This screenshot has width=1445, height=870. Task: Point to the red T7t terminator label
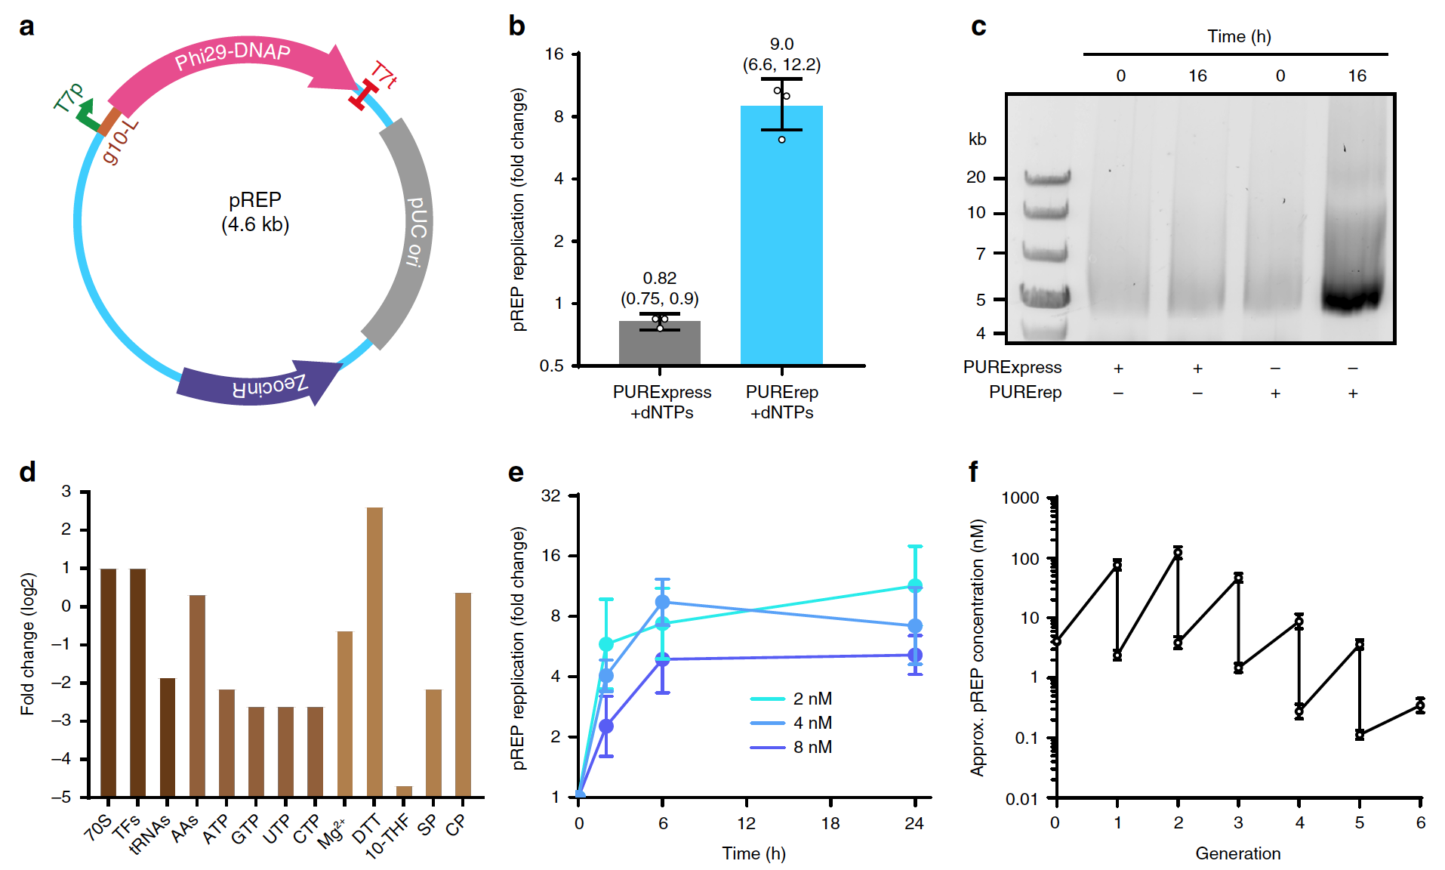click(384, 76)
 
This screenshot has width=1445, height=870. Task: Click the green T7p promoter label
click(69, 97)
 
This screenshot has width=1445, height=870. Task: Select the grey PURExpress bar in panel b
click(659, 344)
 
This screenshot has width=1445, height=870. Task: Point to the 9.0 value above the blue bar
click(781, 44)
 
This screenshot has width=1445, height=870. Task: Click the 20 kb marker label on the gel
click(975, 177)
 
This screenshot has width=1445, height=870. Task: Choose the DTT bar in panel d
click(374, 649)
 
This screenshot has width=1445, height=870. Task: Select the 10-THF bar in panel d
click(404, 791)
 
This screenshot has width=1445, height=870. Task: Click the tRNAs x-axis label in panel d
click(150, 835)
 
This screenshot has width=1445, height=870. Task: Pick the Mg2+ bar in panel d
click(345, 714)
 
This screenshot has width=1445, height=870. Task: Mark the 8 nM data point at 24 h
click(915, 656)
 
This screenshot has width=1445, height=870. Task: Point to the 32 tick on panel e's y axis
click(551, 495)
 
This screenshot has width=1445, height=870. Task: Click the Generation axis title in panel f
click(1237, 853)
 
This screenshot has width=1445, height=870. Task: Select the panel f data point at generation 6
click(1420, 705)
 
